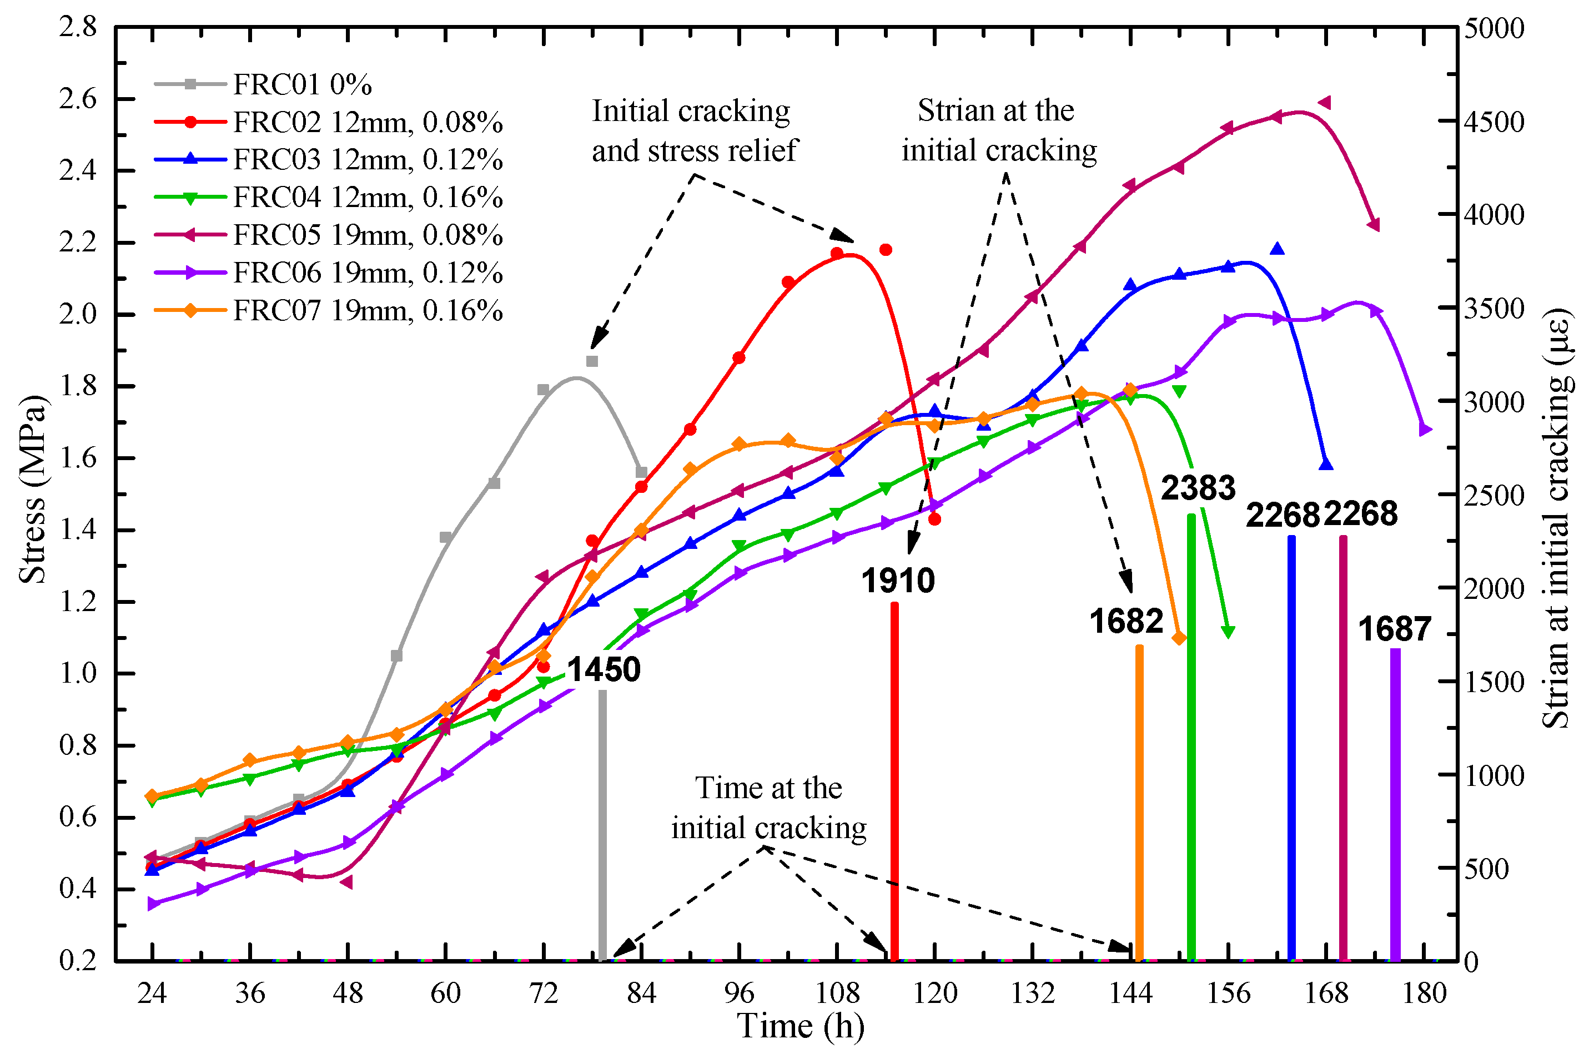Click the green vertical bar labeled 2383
(1191, 739)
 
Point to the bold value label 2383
(1198, 488)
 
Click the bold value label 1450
(603, 669)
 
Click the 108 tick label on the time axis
(837, 994)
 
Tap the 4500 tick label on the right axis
(1494, 122)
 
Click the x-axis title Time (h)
(800, 1026)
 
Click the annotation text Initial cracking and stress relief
(693, 131)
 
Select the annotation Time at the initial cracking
(768, 808)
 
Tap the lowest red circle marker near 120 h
(934, 519)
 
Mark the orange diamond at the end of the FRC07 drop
(1178, 638)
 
